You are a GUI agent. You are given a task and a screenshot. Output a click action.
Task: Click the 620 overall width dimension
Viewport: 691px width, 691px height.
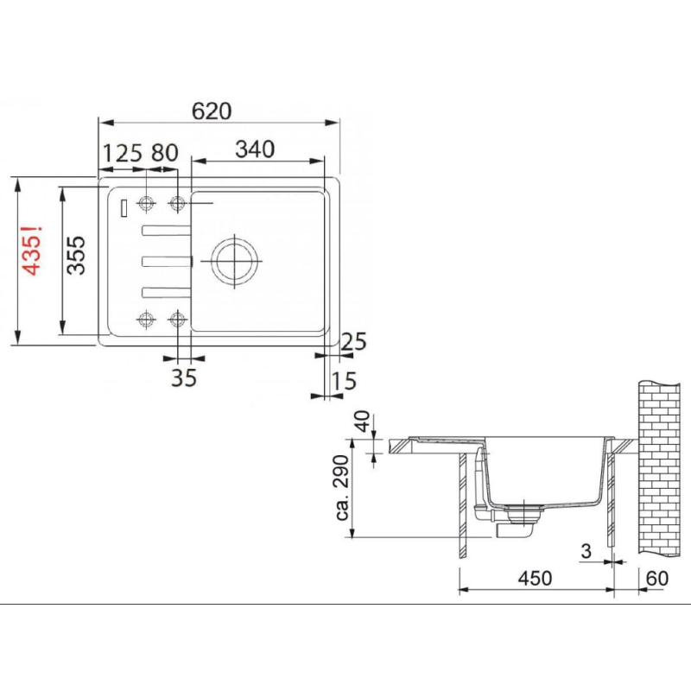coord(212,111)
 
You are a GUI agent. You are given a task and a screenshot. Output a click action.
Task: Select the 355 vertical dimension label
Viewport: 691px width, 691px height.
coord(76,255)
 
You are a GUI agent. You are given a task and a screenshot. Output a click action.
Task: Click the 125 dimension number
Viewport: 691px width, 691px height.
coord(122,154)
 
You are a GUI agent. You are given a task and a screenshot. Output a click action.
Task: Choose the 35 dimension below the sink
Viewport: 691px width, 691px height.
coord(183,377)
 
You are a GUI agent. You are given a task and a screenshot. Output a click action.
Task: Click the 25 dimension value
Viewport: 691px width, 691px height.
coord(353,341)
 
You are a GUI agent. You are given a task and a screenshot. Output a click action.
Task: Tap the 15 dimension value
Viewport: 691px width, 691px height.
coord(343,380)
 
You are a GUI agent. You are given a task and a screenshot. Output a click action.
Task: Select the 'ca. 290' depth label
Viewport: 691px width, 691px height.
coord(343,489)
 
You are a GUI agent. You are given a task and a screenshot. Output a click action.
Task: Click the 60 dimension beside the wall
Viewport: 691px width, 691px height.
coord(656,578)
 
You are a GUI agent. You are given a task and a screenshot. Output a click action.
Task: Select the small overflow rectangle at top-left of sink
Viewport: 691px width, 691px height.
coord(124,207)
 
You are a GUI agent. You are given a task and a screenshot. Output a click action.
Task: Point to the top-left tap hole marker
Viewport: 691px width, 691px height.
coord(146,203)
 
